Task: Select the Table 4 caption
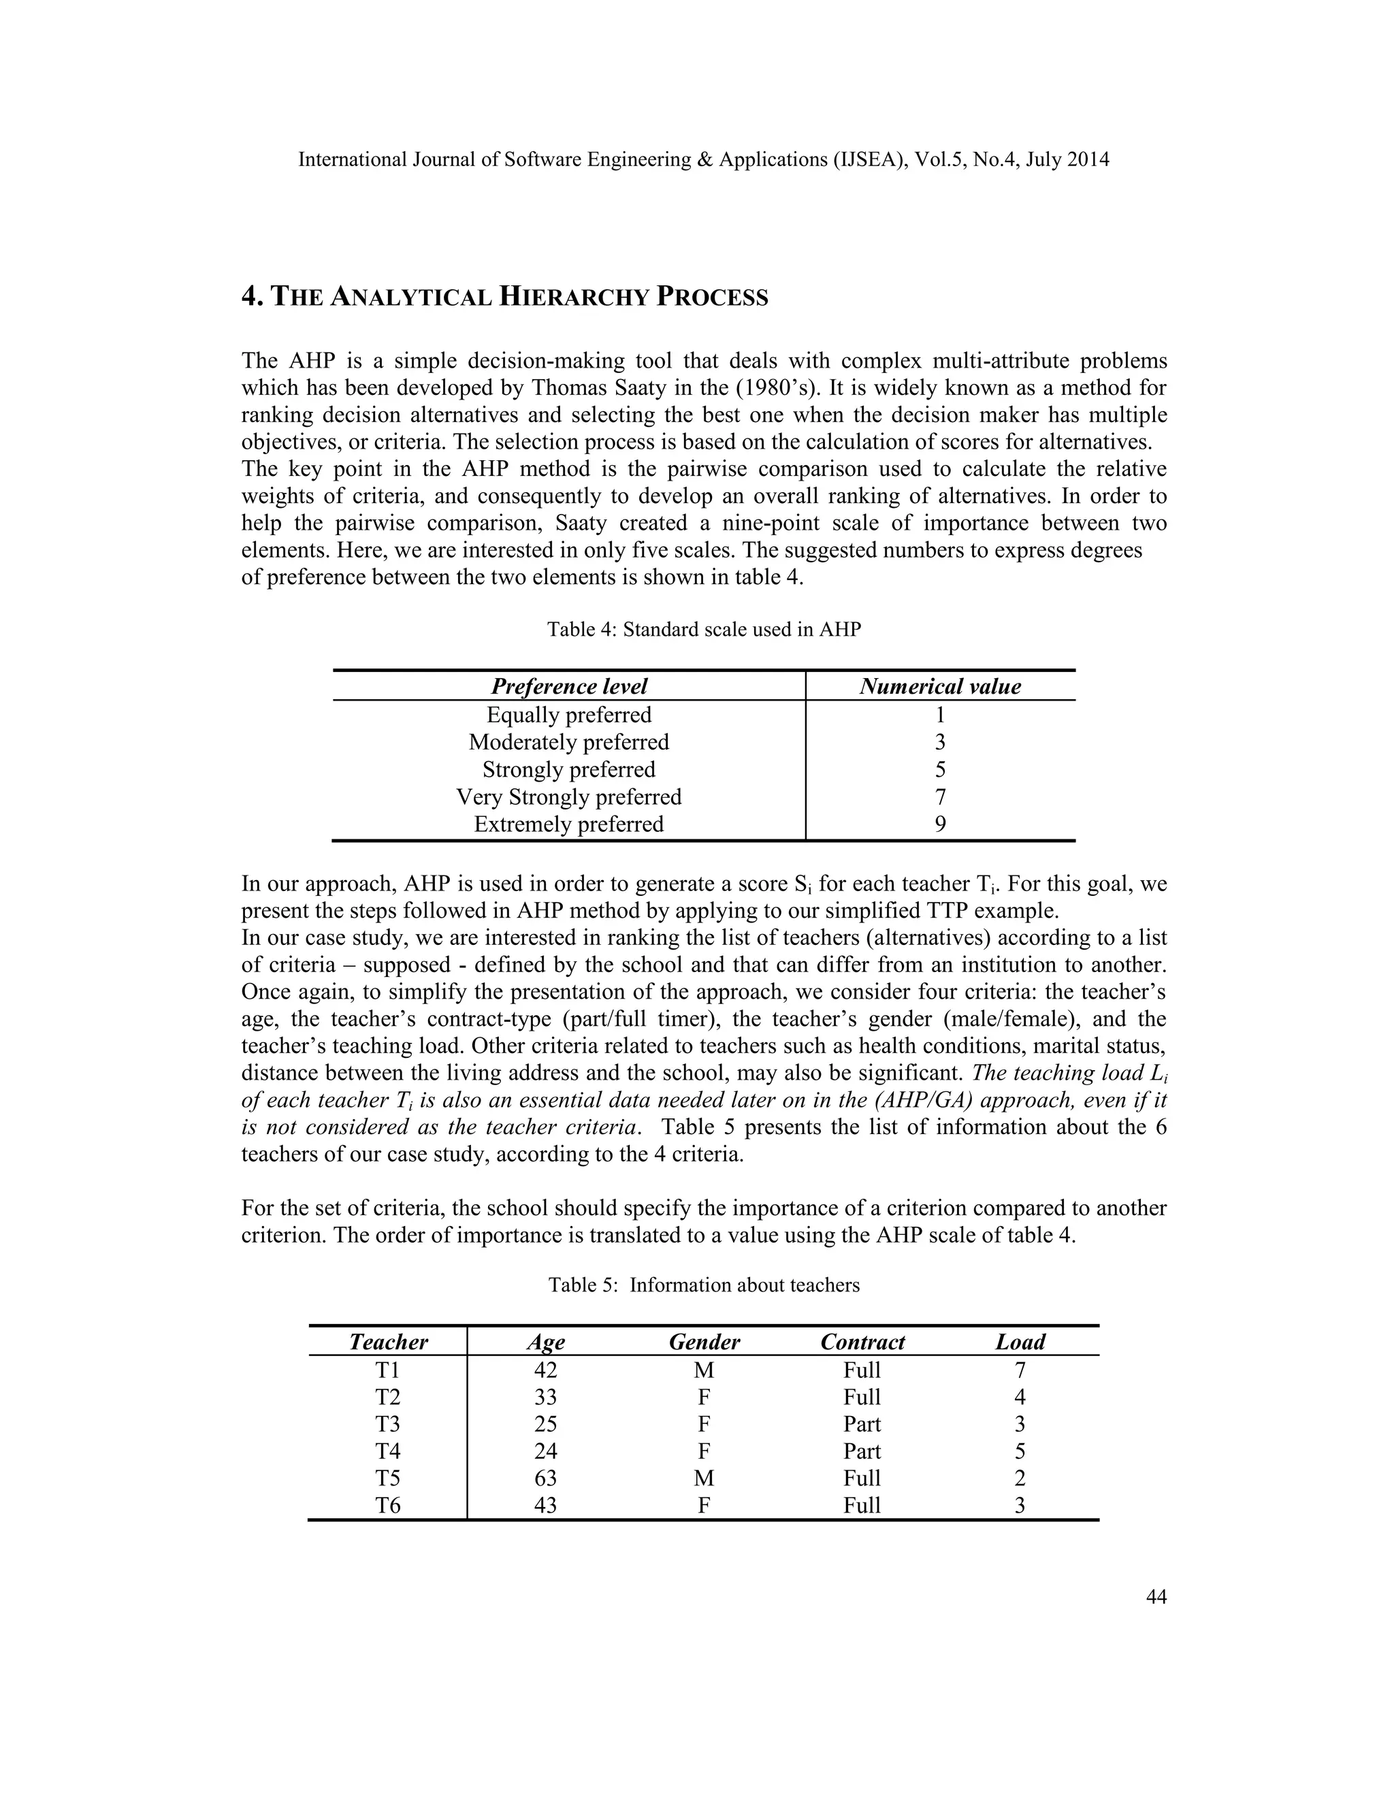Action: (x=704, y=630)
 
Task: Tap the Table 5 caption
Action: (x=704, y=1285)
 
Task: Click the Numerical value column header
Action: (x=940, y=686)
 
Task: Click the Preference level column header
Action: (x=569, y=686)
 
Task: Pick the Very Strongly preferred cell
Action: (x=569, y=797)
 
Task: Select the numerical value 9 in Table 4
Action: (x=940, y=824)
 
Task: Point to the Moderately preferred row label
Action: (x=569, y=742)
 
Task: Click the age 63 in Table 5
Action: (x=545, y=1478)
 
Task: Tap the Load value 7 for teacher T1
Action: (x=1020, y=1370)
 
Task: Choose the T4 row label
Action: (x=387, y=1451)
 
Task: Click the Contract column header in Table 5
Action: (x=862, y=1342)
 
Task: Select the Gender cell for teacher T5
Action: (x=704, y=1478)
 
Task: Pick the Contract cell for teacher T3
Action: (x=862, y=1424)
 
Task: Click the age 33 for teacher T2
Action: (x=545, y=1397)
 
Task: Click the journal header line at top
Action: (x=704, y=159)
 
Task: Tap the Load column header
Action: (x=1020, y=1342)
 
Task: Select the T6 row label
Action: (x=387, y=1505)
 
